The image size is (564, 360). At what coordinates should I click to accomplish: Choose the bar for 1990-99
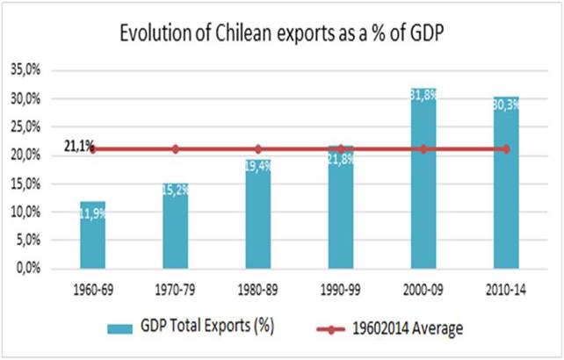point(341,207)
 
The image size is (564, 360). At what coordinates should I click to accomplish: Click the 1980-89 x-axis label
point(258,287)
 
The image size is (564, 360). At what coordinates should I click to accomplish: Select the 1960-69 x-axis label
point(93,287)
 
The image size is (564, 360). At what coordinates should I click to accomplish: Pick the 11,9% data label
point(93,212)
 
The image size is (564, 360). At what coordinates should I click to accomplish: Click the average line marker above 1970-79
point(176,149)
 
